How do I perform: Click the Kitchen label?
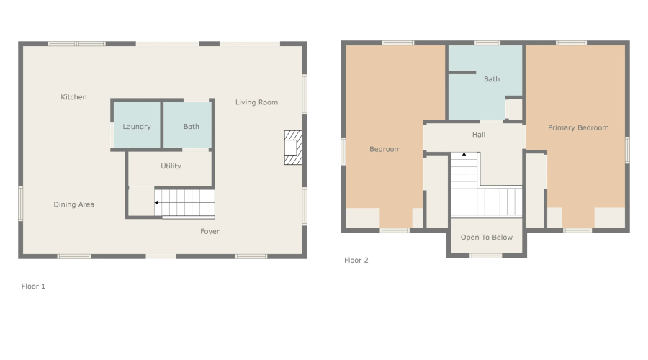click(x=73, y=97)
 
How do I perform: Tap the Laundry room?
click(x=137, y=127)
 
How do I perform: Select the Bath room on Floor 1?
click(x=191, y=127)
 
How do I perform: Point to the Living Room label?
click(x=256, y=102)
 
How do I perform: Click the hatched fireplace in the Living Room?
click(x=292, y=147)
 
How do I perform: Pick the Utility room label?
click(x=171, y=166)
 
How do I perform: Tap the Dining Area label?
click(x=74, y=204)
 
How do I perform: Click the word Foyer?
click(x=210, y=231)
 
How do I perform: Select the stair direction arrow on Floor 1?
click(x=156, y=204)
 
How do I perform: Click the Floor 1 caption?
click(x=33, y=286)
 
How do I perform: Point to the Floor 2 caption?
click(x=356, y=260)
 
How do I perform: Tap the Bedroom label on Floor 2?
click(x=384, y=149)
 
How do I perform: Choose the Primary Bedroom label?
click(x=578, y=127)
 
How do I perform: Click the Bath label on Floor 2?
click(x=492, y=79)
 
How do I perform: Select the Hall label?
click(x=479, y=135)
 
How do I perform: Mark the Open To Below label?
click(x=487, y=237)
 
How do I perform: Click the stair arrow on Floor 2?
click(x=464, y=154)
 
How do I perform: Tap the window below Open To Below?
click(x=486, y=256)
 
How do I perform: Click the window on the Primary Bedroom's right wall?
click(x=627, y=149)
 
